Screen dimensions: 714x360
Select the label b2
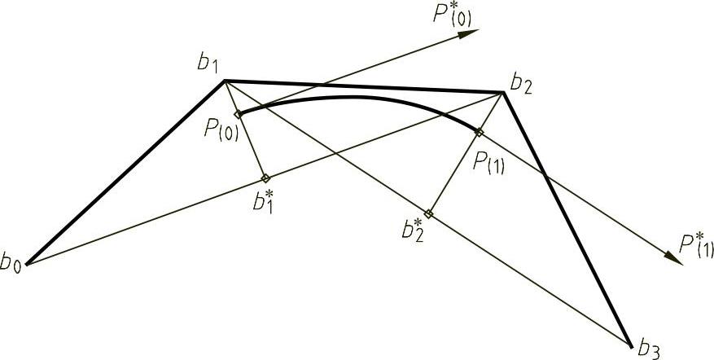pyautogui.click(x=522, y=83)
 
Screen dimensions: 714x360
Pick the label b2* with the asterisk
pyautogui.click(x=412, y=228)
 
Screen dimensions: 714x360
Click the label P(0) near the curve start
pyautogui.click(x=223, y=130)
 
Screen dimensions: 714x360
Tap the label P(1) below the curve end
pyautogui.click(x=489, y=159)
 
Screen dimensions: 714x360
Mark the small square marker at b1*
pyautogui.click(x=265, y=178)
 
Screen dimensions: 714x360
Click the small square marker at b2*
pyautogui.click(x=428, y=213)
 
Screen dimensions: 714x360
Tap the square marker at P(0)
pyautogui.click(x=238, y=114)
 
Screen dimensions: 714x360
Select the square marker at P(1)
pyautogui.click(x=479, y=132)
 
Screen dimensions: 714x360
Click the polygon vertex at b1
pyautogui.click(x=225, y=80)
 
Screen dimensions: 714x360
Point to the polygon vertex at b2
pyautogui.click(x=504, y=92)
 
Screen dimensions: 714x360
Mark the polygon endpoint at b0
pyautogui.click(x=27, y=263)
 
